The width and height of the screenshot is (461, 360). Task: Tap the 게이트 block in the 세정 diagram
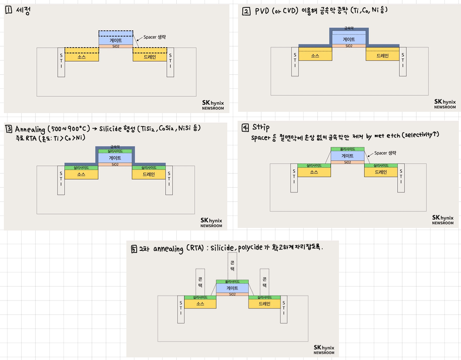[116, 40]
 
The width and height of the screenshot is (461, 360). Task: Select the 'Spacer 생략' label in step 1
[154, 37]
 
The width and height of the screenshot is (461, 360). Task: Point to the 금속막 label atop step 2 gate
[348, 28]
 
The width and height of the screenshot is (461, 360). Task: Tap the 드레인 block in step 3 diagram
[149, 174]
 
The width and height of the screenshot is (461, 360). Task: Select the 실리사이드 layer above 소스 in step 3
[81, 167]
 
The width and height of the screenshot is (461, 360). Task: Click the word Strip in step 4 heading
[261, 127]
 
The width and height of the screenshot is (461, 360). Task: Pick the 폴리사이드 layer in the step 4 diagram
[348, 149]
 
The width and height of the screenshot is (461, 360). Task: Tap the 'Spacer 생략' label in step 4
[385, 153]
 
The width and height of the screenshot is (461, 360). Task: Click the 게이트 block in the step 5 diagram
[232, 288]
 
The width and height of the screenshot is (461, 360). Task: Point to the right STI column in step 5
[284, 311]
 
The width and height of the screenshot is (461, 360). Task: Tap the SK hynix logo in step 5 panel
[323, 350]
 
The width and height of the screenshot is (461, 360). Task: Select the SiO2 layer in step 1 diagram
[116, 46]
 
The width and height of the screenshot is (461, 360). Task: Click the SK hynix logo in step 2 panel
[445, 104]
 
